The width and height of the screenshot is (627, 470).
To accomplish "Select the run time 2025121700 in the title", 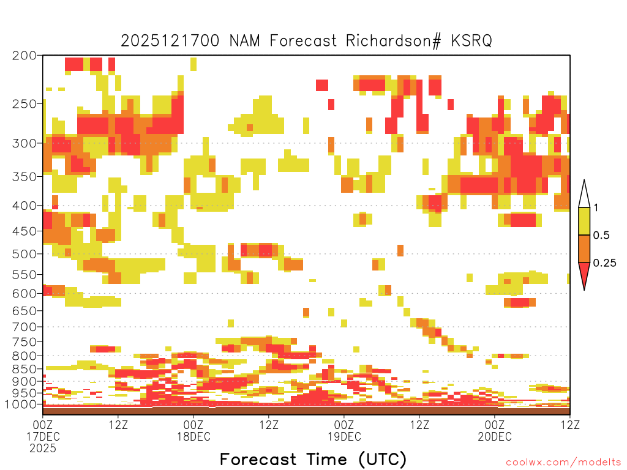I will click(170, 40).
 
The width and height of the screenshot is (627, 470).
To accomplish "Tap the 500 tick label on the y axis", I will click(24, 253).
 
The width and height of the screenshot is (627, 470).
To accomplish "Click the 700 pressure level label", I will click(24, 326).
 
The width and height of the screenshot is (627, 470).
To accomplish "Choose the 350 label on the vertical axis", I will click(24, 176).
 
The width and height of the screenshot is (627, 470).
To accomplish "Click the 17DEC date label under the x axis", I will click(43, 436).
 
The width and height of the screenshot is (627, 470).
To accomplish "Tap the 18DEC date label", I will click(193, 436).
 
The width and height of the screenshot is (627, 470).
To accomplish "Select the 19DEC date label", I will click(344, 436).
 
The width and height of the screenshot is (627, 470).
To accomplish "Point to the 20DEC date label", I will click(495, 436).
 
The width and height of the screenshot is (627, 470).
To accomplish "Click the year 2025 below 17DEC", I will click(43, 449).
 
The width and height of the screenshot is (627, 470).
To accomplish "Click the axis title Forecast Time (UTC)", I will click(313, 459).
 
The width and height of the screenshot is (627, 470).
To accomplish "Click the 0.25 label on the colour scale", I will click(605, 263).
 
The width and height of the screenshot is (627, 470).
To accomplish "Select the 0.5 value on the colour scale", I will click(601, 236).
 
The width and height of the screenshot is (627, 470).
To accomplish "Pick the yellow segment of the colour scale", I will click(584, 222).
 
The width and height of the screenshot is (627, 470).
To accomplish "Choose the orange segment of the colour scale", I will click(584, 249).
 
